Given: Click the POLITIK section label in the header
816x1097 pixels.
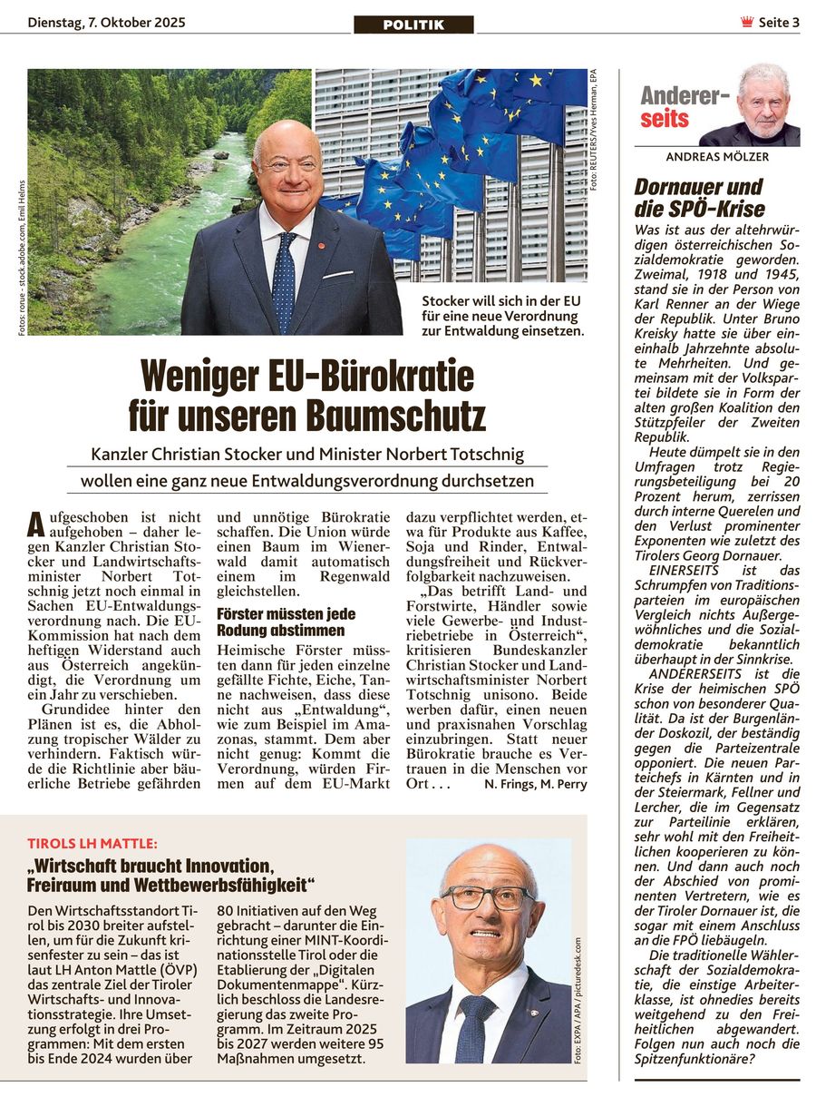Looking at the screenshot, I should tap(413, 24).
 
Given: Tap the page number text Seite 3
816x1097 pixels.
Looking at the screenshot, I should tap(779, 23).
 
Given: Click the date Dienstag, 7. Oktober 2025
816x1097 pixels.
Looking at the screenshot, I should tap(106, 23).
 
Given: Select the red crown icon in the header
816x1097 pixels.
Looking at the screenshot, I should tap(747, 23).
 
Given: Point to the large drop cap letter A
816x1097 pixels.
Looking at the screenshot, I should tap(36, 524).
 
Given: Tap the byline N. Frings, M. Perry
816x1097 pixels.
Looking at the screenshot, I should tap(535, 784).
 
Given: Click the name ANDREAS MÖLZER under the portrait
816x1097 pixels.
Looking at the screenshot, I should tap(716, 157).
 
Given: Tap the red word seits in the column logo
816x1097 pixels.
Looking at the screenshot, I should tap(665, 119).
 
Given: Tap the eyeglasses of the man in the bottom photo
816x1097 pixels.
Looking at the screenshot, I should tap(488, 898).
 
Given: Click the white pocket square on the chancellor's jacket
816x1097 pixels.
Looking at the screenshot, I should tap(338, 273).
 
